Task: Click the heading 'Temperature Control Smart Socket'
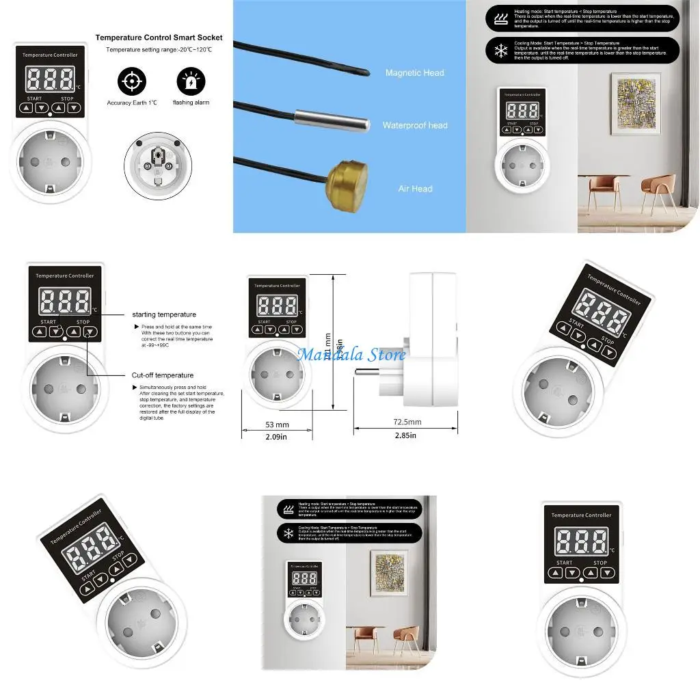159,38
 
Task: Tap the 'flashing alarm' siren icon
191,82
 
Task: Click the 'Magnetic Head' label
414,72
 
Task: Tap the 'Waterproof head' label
414,126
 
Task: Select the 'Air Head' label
415,189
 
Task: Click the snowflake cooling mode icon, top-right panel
500,51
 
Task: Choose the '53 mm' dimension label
276,425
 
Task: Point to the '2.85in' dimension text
405,435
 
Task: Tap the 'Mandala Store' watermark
351,354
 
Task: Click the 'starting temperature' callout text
164,314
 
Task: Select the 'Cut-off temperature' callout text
163,375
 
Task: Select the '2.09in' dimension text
276,436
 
